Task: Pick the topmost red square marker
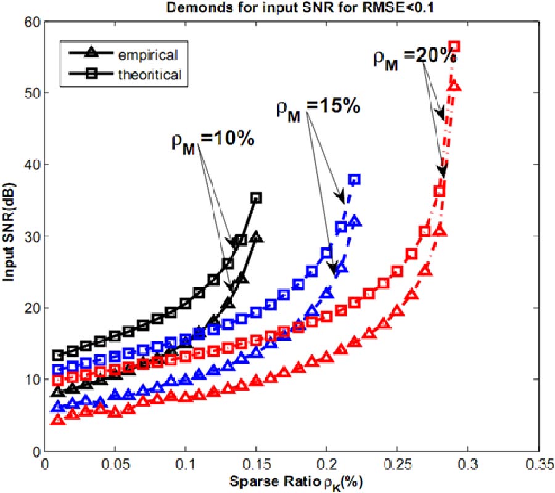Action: (454, 47)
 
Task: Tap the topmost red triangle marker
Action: (455, 86)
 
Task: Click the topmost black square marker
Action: (256, 198)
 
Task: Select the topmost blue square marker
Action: (355, 180)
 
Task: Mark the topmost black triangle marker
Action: (256, 237)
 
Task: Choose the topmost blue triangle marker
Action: (355, 221)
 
